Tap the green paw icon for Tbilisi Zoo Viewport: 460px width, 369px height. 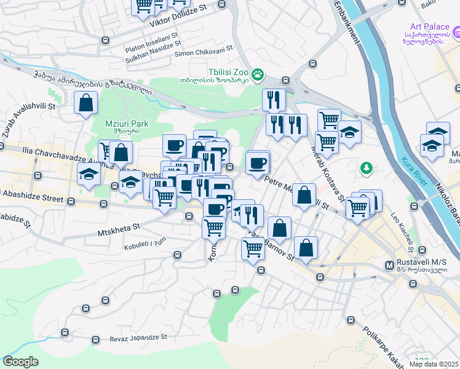[258, 75]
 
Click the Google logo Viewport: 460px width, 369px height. [21, 362]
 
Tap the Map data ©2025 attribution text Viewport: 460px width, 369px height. [434, 364]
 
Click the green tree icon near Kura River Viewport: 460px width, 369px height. [367, 167]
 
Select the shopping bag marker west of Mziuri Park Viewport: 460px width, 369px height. [86, 103]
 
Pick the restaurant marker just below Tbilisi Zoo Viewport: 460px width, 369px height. [272, 100]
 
